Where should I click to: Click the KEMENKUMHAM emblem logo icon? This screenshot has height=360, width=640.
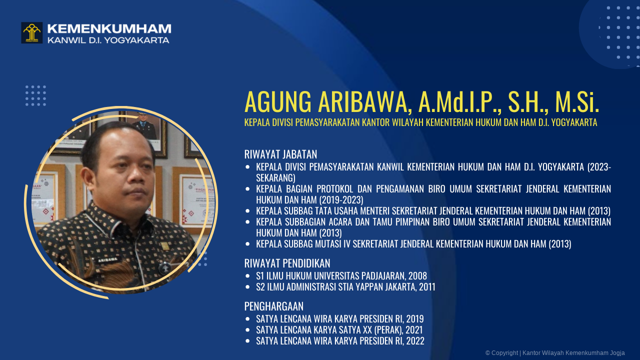click(x=31, y=32)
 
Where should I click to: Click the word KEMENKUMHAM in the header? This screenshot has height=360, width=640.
click(x=109, y=29)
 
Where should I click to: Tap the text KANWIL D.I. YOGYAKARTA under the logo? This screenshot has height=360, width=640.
click(x=108, y=40)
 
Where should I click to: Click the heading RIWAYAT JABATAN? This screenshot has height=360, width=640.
click(x=280, y=154)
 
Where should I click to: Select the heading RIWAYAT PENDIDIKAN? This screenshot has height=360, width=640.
click(x=287, y=263)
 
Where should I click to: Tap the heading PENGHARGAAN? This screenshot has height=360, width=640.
click(x=273, y=306)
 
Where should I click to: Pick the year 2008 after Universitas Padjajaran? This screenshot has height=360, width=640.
click(x=417, y=276)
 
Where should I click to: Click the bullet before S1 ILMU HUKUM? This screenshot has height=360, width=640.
click(x=247, y=276)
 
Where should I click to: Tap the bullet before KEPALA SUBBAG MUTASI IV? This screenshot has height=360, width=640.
click(x=247, y=244)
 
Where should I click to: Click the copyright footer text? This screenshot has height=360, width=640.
click(x=554, y=353)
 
